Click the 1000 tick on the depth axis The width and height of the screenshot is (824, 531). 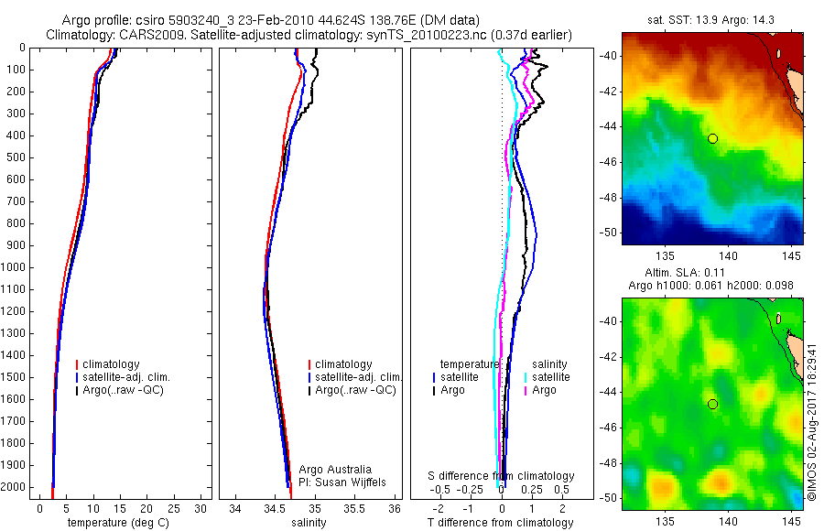pos(15,267)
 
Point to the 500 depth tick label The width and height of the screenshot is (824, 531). pos(15,157)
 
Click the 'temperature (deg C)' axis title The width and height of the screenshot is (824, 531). pos(115,523)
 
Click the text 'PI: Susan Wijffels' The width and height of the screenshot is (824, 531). pos(344,482)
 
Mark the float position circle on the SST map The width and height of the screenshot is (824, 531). pos(712,138)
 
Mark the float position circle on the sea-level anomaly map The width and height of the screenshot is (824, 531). pos(712,404)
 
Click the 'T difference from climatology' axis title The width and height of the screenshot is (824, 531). pos(500,523)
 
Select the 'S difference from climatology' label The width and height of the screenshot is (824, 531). pos(502,476)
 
